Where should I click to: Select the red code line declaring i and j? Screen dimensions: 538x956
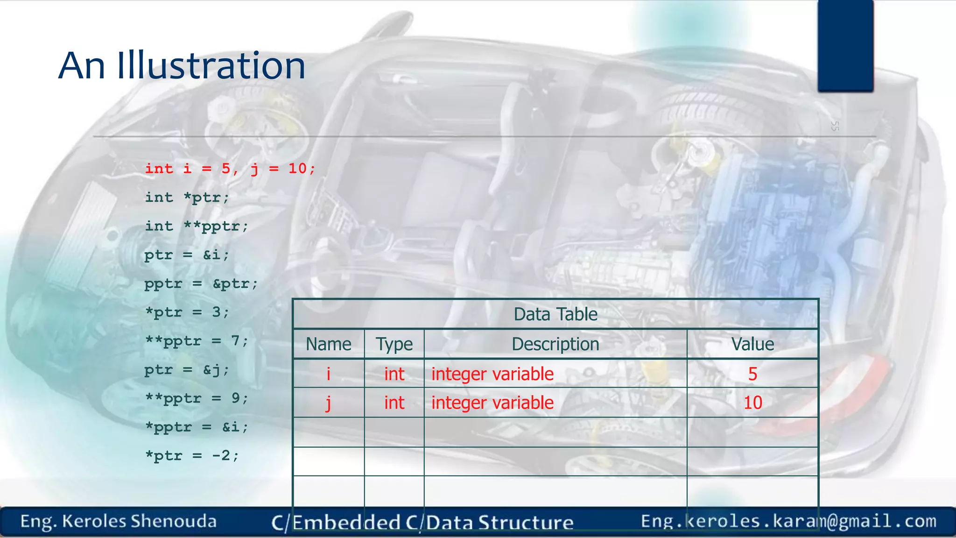[x=230, y=168]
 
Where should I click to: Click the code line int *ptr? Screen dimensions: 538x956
[x=187, y=198]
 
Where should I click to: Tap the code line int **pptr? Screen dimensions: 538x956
[x=196, y=227]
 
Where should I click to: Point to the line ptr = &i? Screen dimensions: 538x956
[x=187, y=255]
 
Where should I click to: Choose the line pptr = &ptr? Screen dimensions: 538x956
[x=201, y=283]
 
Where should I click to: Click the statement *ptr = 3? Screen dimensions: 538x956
[x=187, y=312]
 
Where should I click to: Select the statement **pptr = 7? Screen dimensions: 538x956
[x=196, y=341]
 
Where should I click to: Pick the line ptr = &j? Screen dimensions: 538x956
[x=187, y=370]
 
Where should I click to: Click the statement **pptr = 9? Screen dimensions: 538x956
[x=196, y=398]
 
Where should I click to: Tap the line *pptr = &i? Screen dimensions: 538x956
[x=196, y=427]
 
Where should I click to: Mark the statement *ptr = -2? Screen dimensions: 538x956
[x=191, y=456]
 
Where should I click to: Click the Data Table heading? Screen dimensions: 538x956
[x=555, y=314]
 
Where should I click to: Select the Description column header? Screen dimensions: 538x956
[x=555, y=344]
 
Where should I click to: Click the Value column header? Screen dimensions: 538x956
[x=752, y=344]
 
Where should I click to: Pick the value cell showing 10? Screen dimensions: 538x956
[x=752, y=403]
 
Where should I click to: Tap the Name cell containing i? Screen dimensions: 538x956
[x=328, y=374]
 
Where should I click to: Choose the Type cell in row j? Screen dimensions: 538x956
[x=394, y=403]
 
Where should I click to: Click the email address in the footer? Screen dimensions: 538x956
[x=788, y=521]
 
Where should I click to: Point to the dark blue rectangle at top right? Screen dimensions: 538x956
[x=845, y=45]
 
